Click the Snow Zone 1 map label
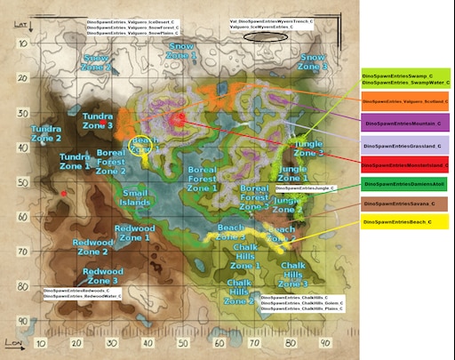click(181, 51)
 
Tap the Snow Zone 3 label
click(313, 61)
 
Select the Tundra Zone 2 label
click(46, 133)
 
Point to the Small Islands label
click(136, 196)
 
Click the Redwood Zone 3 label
click(103, 276)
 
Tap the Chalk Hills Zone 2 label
click(239, 291)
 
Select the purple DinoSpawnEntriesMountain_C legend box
click(406, 123)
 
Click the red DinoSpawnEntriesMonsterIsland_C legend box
click(406, 164)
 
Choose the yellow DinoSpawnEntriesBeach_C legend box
click(406, 220)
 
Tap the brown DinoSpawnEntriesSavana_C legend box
click(406, 204)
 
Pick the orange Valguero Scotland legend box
click(406, 102)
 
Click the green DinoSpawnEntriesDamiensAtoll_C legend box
click(406, 184)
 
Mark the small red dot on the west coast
click(64, 193)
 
